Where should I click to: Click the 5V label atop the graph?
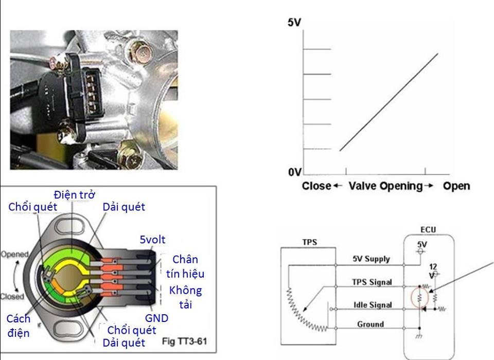294,23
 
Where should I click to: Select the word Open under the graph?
456,186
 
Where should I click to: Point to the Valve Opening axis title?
385,186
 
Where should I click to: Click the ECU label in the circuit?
429,230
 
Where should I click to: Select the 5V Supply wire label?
370,259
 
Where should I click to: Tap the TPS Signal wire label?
372,282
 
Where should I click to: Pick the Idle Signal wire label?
372,304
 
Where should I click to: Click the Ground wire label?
370,324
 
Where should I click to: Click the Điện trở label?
73,195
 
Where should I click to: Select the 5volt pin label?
153,240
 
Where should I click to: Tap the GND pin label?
156,318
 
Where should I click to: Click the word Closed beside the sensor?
13,296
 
